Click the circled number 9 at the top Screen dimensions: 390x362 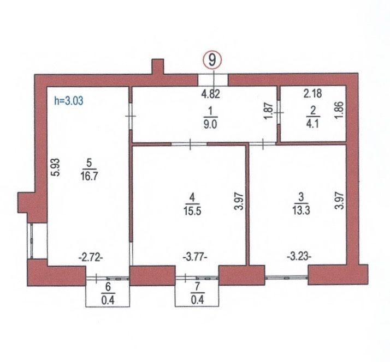pyautogui.click(x=212, y=60)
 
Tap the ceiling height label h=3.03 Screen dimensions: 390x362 pyautogui.click(x=69, y=101)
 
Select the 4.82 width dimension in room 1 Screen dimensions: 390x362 pyautogui.click(x=210, y=94)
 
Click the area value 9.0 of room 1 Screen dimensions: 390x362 pyautogui.click(x=210, y=124)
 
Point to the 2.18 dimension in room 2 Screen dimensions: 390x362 pyautogui.click(x=312, y=94)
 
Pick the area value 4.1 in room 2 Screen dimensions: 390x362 pyautogui.click(x=312, y=123)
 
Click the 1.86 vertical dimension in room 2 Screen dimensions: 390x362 pyautogui.click(x=340, y=110)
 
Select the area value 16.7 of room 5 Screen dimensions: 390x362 pyautogui.click(x=89, y=176)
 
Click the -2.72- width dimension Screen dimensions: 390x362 pyautogui.click(x=91, y=258)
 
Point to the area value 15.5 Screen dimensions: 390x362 pyautogui.click(x=192, y=212)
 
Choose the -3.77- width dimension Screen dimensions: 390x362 pyautogui.click(x=195, y=257)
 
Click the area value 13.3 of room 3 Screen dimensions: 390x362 pyautogui.click(x=301, y=210)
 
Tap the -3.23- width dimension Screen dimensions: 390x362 pyautogui.click(x=299, y=256)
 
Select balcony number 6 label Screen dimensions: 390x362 pyautogui.click(x=108, y=287)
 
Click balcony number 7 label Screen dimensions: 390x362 pyautogui.click(x=197, y=286)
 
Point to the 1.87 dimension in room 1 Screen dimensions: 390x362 pyautogui.click(x=269, y=111)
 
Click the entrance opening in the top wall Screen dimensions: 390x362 pyautogui.click(x=212, y=80)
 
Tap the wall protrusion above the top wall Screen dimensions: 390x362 pyautogui.click(x=158, y=67)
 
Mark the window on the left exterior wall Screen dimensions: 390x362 pyautogui.click(x=32, y=241)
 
